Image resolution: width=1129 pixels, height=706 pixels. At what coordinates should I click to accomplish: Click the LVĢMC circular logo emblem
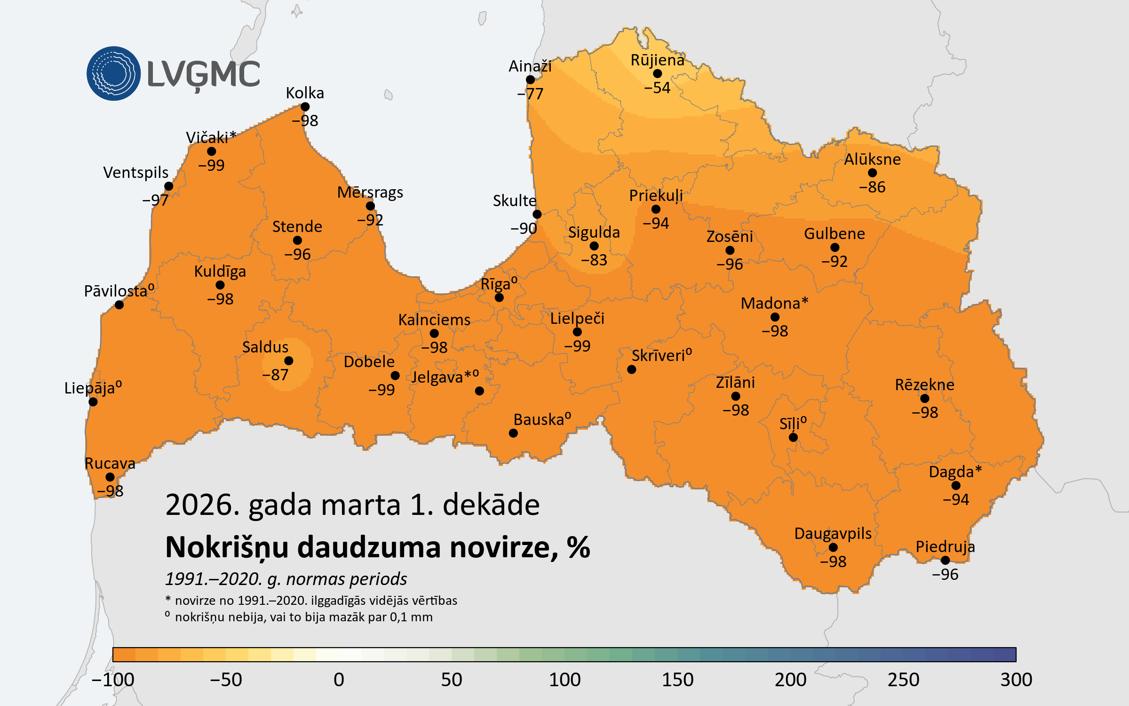click(113, 73)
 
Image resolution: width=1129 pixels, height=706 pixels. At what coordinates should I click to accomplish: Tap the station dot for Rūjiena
click(657, 73)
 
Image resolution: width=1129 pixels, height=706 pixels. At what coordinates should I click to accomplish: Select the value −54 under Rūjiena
click(657, 88)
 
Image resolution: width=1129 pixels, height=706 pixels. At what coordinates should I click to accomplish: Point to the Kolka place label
click(305, 93)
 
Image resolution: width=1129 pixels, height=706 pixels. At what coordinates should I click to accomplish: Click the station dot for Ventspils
click(168, 186)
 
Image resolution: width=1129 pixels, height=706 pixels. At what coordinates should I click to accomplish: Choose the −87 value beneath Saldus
click(275, 375)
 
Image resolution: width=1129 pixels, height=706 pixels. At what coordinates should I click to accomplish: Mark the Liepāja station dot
click(93, 402)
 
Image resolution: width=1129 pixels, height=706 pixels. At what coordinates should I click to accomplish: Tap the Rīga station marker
click(499, 297)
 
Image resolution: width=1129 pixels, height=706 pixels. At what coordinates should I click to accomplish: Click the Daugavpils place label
click(833, 534)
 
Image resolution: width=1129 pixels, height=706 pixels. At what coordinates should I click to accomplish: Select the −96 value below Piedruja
click(945, 575)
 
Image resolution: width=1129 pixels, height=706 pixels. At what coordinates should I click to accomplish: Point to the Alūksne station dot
click(872, 173)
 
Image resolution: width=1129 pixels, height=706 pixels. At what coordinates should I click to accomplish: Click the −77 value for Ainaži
click(530, 94)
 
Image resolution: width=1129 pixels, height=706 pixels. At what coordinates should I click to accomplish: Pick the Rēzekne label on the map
click(924, 385)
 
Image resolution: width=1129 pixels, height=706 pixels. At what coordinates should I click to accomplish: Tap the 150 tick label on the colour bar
click(677, 680)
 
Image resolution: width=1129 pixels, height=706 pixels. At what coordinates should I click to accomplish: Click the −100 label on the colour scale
click(113, 680)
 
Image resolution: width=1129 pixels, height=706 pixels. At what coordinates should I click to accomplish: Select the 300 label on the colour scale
click(1016, 680)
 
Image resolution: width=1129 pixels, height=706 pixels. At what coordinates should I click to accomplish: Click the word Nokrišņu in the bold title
click(227, 548)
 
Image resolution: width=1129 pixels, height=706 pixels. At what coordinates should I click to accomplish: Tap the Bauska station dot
click(513, 433)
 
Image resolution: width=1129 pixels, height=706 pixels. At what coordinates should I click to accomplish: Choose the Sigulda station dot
click(594, 246)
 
